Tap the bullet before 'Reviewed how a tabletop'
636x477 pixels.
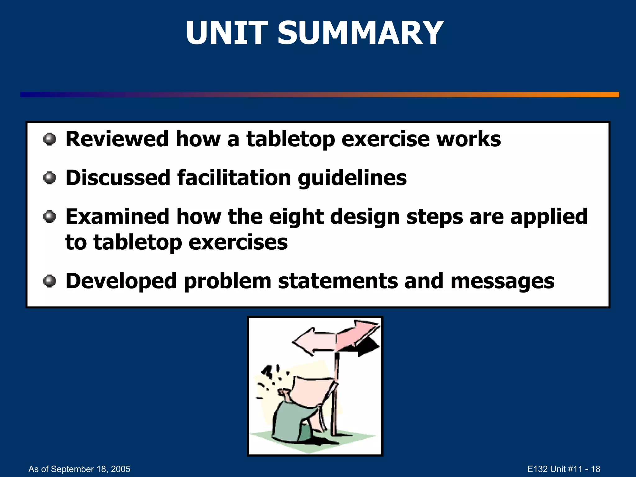(50, 139)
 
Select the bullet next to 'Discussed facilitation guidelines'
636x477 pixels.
(50, 178)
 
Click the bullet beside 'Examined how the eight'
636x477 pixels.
(50, 217)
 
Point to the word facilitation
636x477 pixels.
(234, 178)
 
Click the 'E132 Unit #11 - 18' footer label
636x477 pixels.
(564, 469)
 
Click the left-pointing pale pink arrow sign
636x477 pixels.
(314, 341)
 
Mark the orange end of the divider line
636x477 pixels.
(609, 95)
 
